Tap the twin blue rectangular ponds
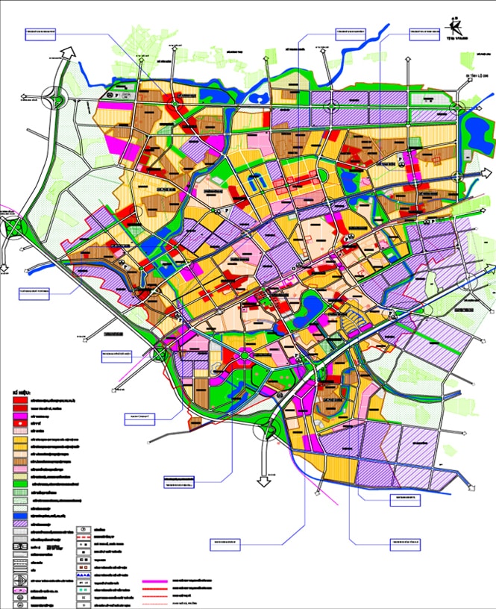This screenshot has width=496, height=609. pos(255,181)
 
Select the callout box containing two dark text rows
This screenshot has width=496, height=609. pos(178,481)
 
